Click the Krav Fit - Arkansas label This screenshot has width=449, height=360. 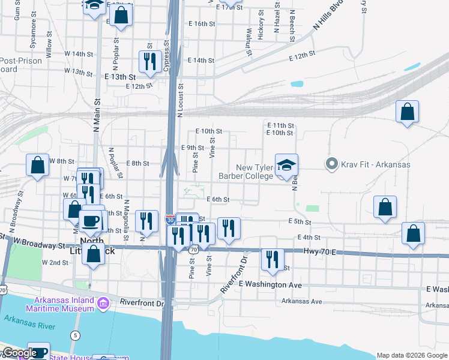(x=376, y=164)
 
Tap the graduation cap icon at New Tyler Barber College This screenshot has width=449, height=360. (x=287, y=165)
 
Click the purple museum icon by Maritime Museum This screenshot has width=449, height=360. (x=103, y=304)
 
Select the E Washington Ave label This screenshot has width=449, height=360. (x=270, y=284)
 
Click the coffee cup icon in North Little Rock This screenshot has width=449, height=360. (x=92, y=220)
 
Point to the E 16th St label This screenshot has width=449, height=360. (x=201, y=24)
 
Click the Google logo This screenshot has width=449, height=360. (x=19, y=353)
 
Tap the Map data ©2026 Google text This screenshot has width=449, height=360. (x=411, y=355)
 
